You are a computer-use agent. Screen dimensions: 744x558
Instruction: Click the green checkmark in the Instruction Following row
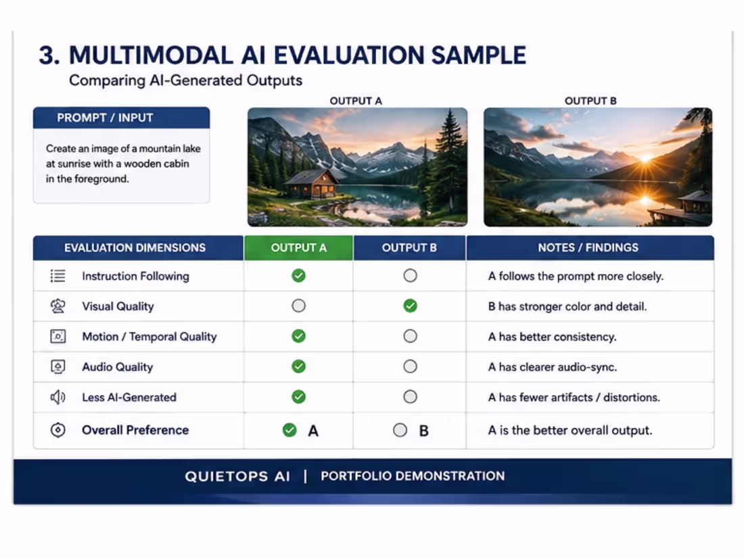coord(298,276)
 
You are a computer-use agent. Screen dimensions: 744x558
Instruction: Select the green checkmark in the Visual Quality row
coord(411,306)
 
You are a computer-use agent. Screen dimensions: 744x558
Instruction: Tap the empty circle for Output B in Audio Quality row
coord(411,367)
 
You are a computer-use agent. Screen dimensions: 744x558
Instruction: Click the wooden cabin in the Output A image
coord(312,184)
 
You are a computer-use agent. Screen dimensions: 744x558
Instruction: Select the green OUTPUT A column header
coord(298,248)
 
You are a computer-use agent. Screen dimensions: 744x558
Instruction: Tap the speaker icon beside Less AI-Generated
coord(58,396)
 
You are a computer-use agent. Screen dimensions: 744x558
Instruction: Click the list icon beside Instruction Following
coord(58,276)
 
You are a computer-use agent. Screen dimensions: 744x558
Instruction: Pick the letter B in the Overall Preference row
coord(423,431)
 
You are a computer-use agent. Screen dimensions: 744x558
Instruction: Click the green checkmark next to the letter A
coord(289,430)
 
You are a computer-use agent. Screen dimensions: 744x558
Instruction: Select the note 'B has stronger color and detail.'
coord(567,306)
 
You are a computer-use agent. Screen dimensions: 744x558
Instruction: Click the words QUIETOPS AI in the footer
coord(237,476)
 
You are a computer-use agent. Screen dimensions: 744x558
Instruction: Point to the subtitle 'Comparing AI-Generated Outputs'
coord(185,80)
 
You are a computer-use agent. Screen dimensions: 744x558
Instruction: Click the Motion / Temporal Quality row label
coord(149,336)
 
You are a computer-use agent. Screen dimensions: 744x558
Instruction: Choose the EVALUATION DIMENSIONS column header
coord(135,248)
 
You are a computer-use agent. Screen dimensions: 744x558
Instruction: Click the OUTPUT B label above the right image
coord(590,101)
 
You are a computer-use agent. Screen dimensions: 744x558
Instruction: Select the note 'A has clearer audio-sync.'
coord(553,367)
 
